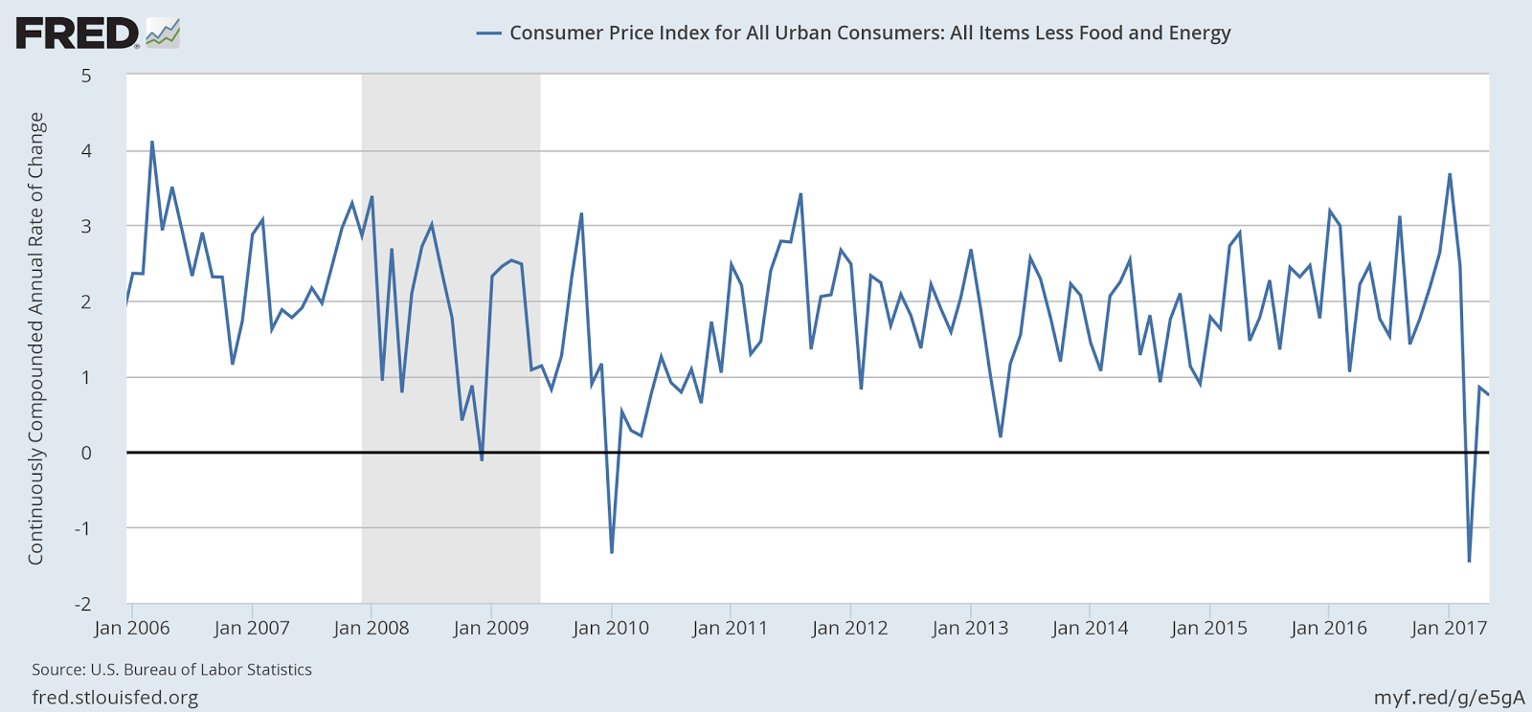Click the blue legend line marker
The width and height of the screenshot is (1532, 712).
[488, 33]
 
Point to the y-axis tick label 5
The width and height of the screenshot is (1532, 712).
[86, 76]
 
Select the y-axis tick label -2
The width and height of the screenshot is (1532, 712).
[84, 604]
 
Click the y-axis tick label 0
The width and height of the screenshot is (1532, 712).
[86, 453]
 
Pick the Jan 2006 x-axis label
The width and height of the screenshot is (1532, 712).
[132, 629]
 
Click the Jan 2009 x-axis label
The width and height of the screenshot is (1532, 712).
[491, 629]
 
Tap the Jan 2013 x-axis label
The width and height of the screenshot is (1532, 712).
[970, 629]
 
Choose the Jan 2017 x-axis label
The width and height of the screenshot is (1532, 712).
[1449, 629]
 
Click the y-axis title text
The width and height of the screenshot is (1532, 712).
[36, 338]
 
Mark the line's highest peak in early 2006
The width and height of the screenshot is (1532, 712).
[152, 143]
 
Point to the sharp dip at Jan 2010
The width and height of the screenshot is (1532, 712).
[612, 552]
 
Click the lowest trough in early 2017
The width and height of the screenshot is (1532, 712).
[1469, 561]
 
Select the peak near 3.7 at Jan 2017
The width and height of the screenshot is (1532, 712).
[1450, 174]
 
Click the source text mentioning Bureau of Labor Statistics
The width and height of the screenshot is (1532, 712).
[172, 670]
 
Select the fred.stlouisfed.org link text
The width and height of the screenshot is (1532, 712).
[115, 698]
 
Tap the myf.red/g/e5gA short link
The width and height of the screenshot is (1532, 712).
[1449, 698]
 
